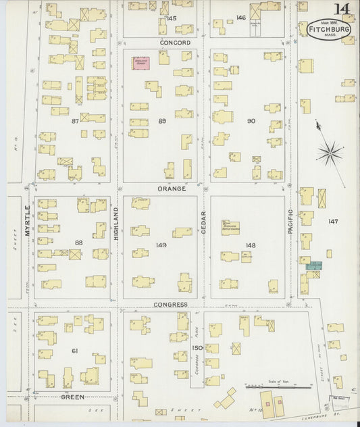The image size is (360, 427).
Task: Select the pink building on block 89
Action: (x=140, y=64)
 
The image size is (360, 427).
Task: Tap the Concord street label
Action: (x=175, y=43)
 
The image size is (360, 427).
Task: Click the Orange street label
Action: (x=172, y=189)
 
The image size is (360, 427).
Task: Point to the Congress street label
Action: (x=170, y=305)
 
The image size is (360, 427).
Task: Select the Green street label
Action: (x=73, y=397)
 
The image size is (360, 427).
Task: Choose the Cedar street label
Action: (x=203, y=224)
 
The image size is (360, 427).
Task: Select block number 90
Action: (x=251, y=121)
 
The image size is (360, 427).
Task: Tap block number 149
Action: (x=161, y=245)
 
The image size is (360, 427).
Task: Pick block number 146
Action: (x=240, y=18)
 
